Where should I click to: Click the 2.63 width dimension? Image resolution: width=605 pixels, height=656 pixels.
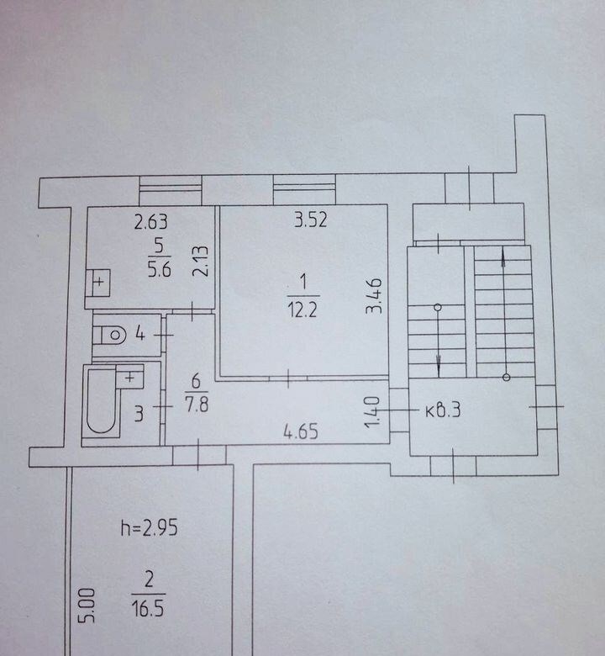click(x=151, y=222)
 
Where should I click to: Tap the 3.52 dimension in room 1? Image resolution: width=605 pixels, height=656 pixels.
click(x=310, y=220)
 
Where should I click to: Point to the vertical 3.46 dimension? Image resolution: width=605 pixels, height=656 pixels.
click(x=373, y=296)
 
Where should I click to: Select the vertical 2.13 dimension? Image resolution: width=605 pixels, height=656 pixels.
click(x=200, y=261)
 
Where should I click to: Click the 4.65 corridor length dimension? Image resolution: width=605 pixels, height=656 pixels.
click(x=301, y=431)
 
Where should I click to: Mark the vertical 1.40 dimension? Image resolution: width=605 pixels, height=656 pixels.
click(x=372, y=412)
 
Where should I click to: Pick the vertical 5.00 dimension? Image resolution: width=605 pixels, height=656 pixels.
click(x=87, y=606)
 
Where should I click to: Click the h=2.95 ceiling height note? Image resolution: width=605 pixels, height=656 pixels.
click(x=150, y=528)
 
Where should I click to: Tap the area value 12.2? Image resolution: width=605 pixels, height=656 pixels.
click(x=302, y=310)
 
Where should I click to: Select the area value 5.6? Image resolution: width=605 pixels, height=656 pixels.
click(x=160, y=269)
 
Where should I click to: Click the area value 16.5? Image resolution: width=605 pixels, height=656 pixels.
click(x=148, y=609)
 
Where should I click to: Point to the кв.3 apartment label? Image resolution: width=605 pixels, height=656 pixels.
click(x=443, y=410)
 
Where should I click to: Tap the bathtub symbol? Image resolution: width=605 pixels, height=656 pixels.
click(x=102, y=400)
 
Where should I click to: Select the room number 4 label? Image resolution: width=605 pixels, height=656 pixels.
click(x=140, y=334)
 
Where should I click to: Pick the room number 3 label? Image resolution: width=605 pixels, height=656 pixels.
click(x=139, y=413)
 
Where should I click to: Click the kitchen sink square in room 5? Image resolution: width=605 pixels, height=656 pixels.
click(x=98, y=283)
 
